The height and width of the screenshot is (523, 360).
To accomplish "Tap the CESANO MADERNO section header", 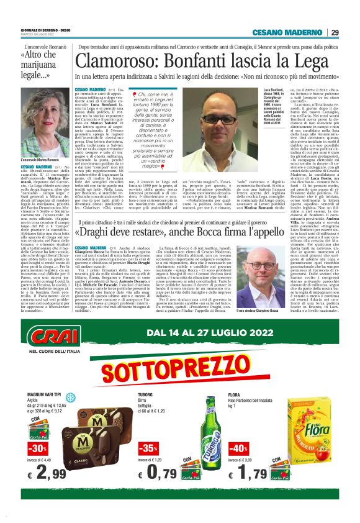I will (287, 33).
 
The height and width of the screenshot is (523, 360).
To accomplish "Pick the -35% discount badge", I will (148, 448).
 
